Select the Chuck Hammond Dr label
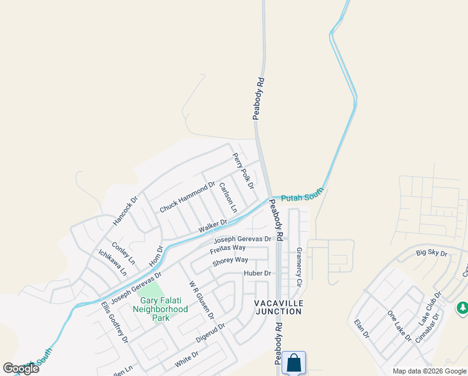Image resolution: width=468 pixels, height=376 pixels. click(187, 197)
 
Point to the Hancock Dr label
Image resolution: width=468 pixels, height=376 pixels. click(125, 211)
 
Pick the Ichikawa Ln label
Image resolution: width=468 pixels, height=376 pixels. click(113, 263)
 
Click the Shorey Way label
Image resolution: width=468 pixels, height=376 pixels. click(230, 260)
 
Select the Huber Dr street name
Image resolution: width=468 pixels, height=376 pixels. click(257, 273)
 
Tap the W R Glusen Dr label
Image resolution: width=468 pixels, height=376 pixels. click(201, 299)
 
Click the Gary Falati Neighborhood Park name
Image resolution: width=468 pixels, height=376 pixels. click(160, 309)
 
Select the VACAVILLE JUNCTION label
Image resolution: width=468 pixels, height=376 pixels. click(278, 308)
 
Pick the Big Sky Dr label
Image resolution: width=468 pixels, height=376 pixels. click(432, 253)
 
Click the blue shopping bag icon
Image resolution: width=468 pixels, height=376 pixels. click(293, 362)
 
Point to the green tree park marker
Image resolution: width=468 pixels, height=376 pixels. click(462, 308)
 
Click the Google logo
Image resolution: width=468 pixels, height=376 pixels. click(21, 368)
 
